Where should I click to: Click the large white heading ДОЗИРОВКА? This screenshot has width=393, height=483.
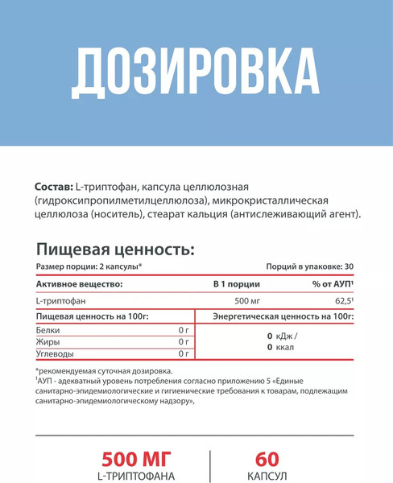click(x=196, y=75)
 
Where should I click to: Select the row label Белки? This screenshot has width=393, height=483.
click(x=48, y=330)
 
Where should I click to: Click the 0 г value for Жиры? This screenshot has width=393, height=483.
click(x=183, y=341)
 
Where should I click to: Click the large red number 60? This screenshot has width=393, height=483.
click(x=267, y=459)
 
